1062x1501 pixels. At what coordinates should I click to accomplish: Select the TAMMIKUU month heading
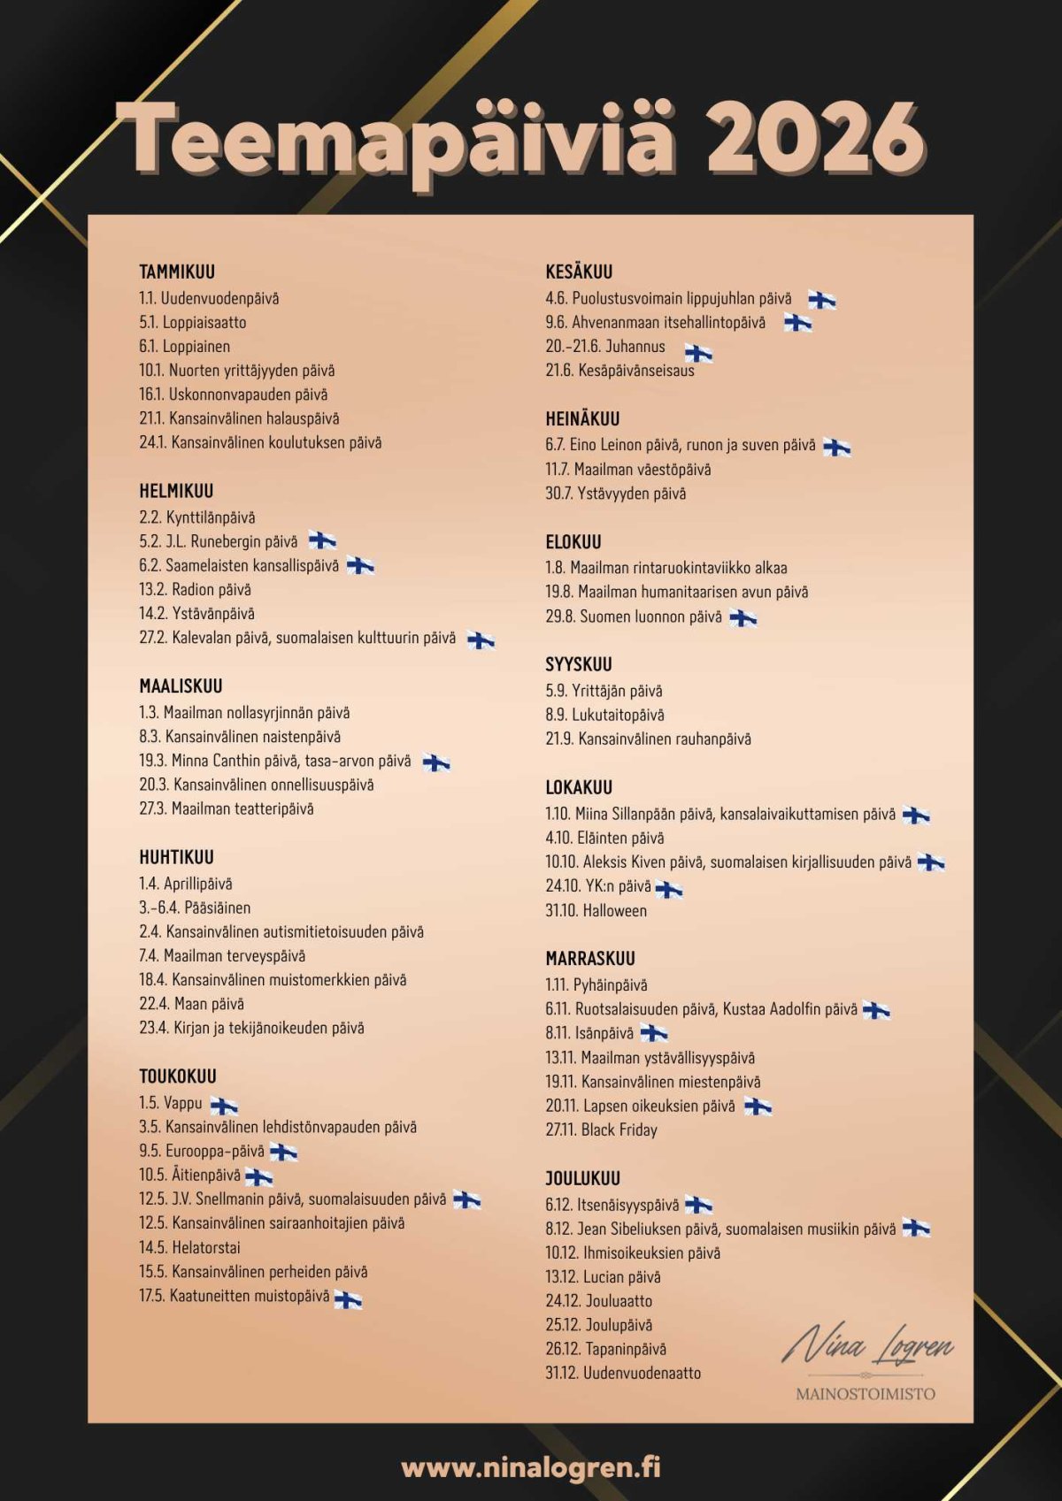point(177,272)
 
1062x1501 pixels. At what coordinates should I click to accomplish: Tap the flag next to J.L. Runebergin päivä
point(322,540)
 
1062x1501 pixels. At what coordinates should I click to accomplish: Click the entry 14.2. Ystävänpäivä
point(196,613)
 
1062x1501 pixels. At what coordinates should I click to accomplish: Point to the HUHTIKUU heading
point(176,857)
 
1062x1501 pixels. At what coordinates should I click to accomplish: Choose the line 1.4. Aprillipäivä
point(186,884)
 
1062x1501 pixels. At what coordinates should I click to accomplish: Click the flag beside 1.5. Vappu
point(224,1105)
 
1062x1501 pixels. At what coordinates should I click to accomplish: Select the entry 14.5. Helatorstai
point(189,1247)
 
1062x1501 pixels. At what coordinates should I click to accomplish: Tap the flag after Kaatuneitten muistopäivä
point(348,1298)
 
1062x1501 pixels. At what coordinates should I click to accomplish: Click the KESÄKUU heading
point(579,272)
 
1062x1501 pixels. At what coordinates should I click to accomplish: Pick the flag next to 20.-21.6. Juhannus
point(698,353)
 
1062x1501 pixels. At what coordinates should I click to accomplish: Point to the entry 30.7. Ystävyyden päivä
point(615,494)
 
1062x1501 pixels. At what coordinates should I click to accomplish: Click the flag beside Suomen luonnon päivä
point(743,617)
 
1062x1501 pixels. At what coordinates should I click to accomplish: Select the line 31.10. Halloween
point(596,910)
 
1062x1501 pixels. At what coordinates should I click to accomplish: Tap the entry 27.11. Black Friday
point(602,1130)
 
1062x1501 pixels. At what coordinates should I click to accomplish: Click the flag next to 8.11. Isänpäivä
point(653,1032)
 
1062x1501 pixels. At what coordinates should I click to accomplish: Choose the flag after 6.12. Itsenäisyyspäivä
point(698,1204)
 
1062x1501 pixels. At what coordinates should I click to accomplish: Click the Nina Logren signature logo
point(866,1345)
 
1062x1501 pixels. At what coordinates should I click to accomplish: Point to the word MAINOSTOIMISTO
point(866,1394)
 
